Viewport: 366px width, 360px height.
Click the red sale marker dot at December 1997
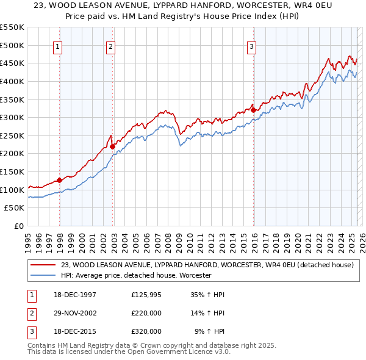(x=60, y=180)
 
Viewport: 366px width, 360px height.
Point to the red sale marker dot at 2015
(x=253, y=110)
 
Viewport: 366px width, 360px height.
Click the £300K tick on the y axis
(x=14, y=117)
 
